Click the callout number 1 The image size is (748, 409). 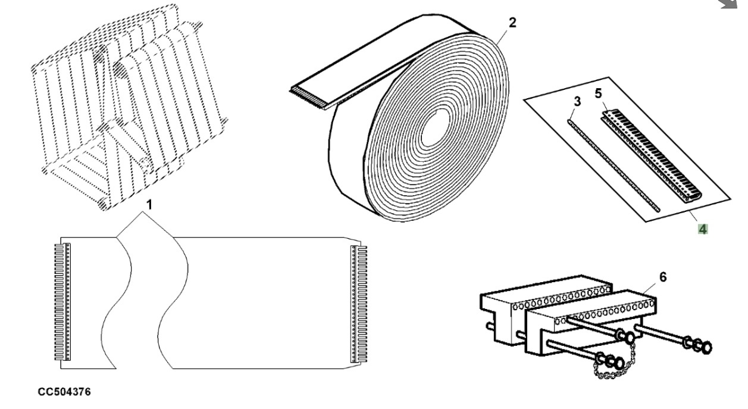point(149,205)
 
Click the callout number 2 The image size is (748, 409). point(512,23)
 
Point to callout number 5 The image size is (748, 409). point(599,93)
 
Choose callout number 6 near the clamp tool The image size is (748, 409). point(663,277)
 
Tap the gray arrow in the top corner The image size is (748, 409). point(737,5)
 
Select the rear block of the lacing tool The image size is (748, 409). point(524,298)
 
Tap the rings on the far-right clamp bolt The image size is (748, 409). point(699,345)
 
